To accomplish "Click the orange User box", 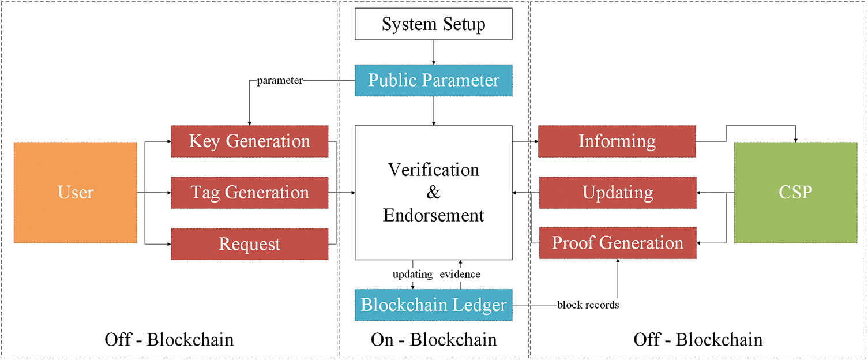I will (x=76, y=193).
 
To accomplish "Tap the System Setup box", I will (x=433, y=25).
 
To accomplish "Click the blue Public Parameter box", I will (x=433, y=80).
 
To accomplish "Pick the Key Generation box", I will (x=249, y=141).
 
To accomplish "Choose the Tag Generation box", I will (x=249, y=193).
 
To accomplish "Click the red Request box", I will (x=249, y=244).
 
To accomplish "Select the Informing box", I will (x=617, y=141).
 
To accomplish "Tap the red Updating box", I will (x=617, y=193).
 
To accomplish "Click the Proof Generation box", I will (x=617, y=243).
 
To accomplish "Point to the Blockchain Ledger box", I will (x=433, y=305).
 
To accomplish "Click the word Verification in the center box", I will (x=433, y=170).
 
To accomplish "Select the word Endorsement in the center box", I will (x=433, y=215).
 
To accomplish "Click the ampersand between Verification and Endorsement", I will (x=433, y=193).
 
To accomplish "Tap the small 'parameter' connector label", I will (x=280, y=80).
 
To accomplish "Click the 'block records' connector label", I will (x=588, y=305).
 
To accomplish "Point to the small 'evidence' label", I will (x=460, y=275).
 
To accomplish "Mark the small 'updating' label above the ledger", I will (x=412, y=275).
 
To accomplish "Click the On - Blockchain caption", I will (x=433, y=340).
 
